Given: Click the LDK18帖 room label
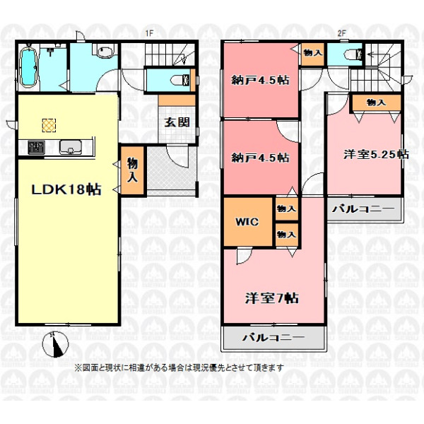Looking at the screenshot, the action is pyautogui.click(x=66, y=189).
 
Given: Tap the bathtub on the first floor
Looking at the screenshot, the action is pyautogui.click(x=28, y=67).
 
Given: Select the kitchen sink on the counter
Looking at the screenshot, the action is pyautogui.click(x=71, y=147).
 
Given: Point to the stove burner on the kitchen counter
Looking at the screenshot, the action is pyautogui.click(x=36, y=148).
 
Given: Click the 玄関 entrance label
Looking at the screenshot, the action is pyautogui.click(x=177, y=122).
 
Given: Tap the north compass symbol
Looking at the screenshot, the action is pyautogui.click(x=56, y=344).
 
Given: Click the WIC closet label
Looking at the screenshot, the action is pyautogui.click(x=247, y=222).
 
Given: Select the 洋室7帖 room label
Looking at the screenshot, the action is pyautogui.click(x=272, y=298).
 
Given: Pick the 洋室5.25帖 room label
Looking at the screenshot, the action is pyautogui.click(x=376, y=154).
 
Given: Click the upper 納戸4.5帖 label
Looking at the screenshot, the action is pyautogui.click(x=260, y=80).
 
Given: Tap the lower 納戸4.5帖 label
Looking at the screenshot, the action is pyautogui.click(x=260, y=158).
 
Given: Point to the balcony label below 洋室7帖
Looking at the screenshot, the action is pyautogui.click(x=273, y=337).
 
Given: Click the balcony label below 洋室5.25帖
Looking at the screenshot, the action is pyautogui.click(x=363, y=208).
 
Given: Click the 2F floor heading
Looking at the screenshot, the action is pyautogui.click(x=342, y=33).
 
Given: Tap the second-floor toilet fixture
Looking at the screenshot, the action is pyautogui.click(x=354, y=54).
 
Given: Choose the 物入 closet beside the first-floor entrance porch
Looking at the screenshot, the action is pyautogui.click(x=133, y=170).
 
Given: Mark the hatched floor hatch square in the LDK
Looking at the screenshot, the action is pyautogui.click(x=49, y=126).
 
